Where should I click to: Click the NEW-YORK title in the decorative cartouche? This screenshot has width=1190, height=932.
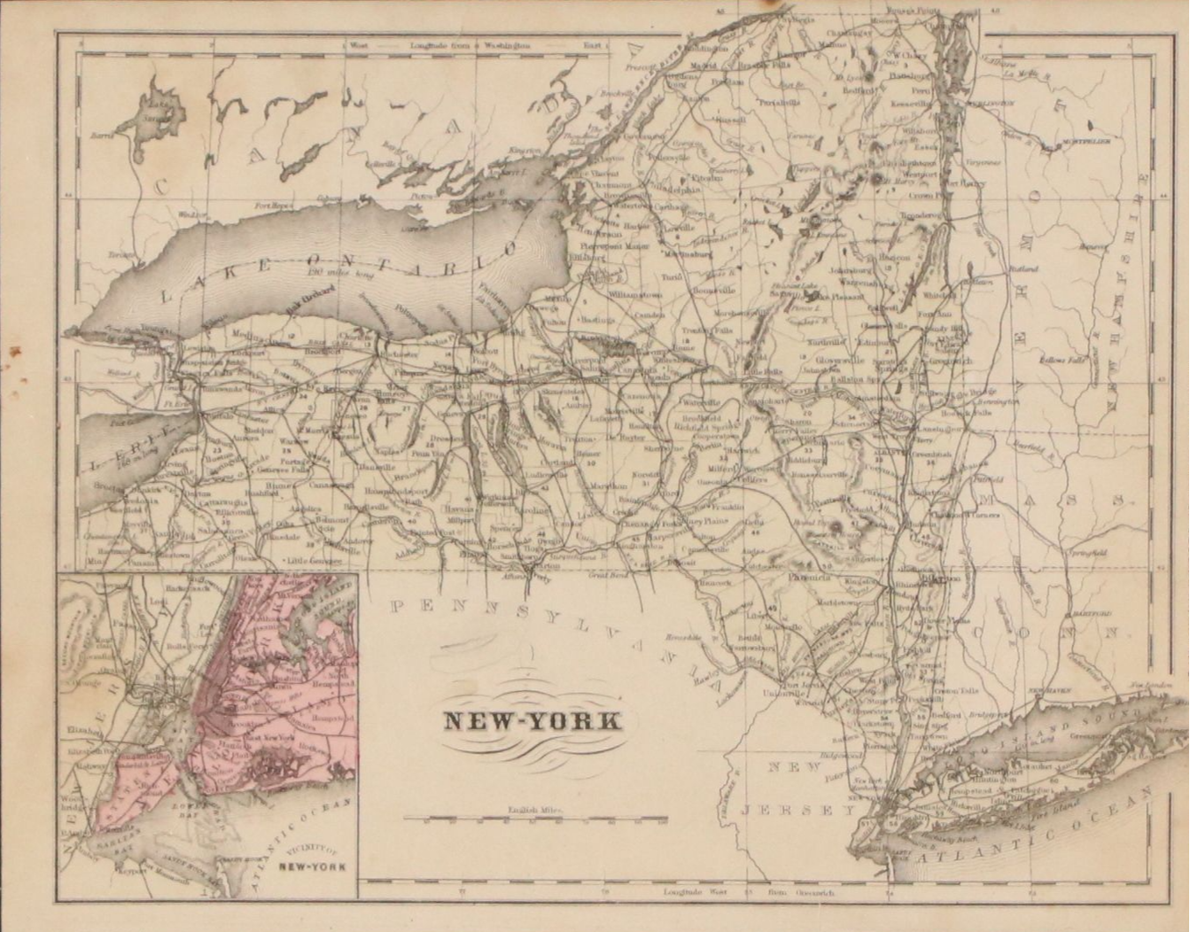click(x=531, y=720)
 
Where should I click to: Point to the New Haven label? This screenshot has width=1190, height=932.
click(x=1045, y=687)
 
